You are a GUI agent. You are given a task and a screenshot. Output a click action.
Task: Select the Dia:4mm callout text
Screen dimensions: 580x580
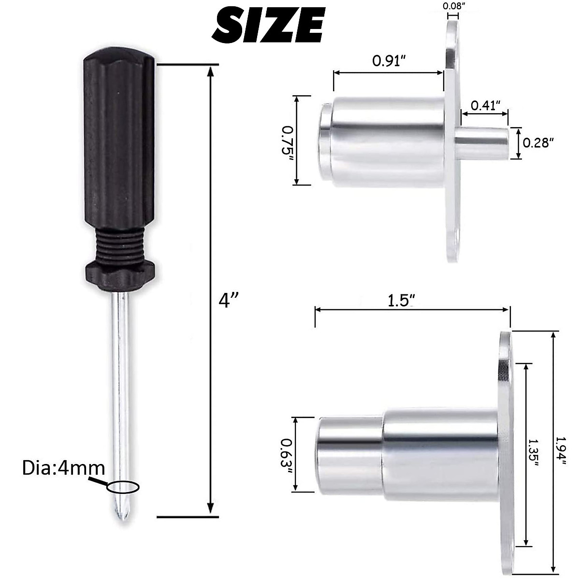63,468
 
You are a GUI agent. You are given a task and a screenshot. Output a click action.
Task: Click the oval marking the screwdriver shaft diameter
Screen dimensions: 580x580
123,487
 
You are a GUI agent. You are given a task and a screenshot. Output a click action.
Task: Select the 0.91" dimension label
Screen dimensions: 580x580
389,61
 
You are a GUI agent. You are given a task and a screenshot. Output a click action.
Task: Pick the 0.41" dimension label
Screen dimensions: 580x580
485,105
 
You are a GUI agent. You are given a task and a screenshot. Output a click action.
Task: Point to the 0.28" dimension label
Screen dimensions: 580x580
538,142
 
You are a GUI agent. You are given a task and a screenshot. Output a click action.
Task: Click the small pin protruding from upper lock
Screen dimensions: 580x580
483,144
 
